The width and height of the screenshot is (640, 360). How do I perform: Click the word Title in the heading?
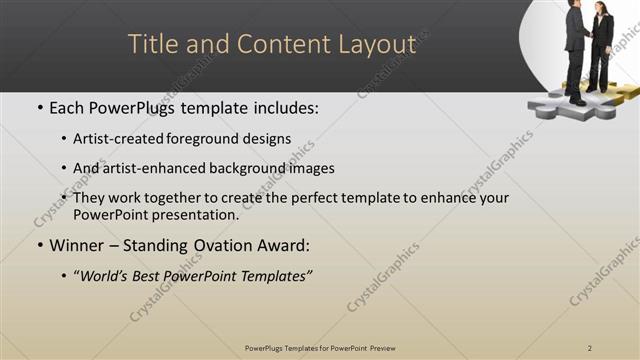point(158,45)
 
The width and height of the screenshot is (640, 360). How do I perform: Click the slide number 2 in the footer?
point(591,347)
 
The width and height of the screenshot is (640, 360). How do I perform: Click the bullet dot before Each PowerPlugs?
point(38,106)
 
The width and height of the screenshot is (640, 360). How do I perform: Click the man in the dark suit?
point(577,45)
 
